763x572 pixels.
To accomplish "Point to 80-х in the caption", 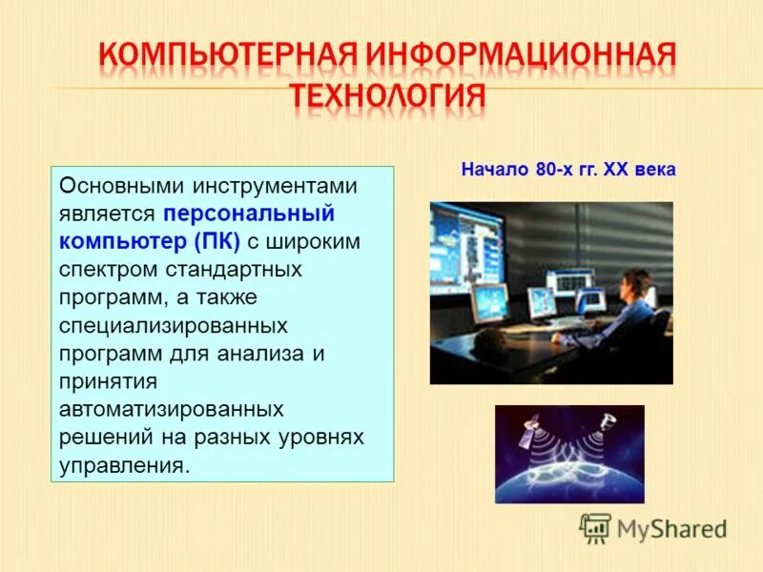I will tap(554, 170).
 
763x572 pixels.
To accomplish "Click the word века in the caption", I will tap(654, 170).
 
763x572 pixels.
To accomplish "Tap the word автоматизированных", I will tap(172, 409).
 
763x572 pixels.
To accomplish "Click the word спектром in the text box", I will tap(100, 269).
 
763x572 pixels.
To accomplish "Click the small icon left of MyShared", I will tap(595, 527).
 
